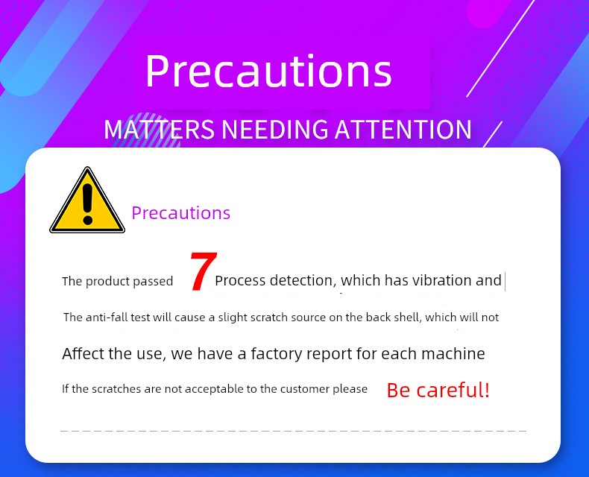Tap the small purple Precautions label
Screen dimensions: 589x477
coord(180,213)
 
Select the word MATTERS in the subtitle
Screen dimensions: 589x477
coord(160,129)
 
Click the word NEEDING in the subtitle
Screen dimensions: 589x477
coord(274,129)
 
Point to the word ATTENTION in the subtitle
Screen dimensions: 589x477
coord(403,129)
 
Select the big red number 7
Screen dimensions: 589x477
coord(204,271)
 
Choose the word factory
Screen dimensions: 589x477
coord(276,354)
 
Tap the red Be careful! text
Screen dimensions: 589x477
coord(438,390)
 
